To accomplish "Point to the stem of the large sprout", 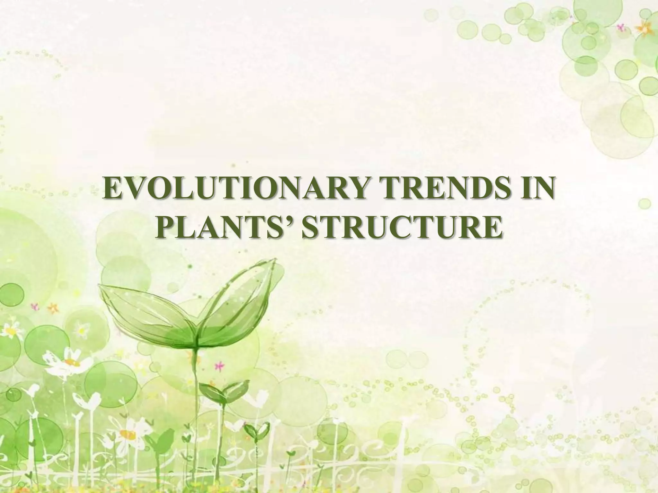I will click(195, 401).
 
